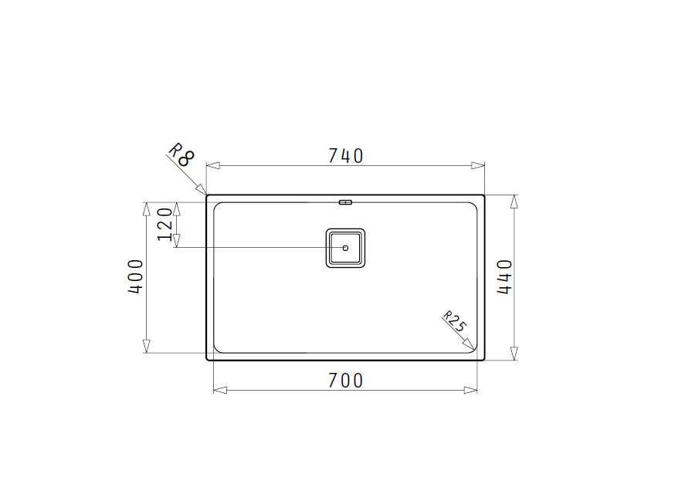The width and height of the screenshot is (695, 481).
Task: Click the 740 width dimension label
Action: pyautogui.click(x=346, y=156)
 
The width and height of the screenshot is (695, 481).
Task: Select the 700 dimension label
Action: pyautogui.click(x=346, y=381)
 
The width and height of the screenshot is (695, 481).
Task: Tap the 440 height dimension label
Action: pyautogui.click(x=504, y=276)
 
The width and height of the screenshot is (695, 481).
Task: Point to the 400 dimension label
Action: pyautogui.click(x=136, y=276)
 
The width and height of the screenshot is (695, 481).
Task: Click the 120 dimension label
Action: pyautogui.click(x=165, y=224)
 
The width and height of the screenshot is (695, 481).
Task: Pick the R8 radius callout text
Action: pyautogui.click(x=181, y=154)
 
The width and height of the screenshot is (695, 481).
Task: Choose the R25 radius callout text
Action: pyautogui.click(x=455, y=321)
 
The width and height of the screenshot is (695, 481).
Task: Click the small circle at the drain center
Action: pyautogui.click(x=345, y=248)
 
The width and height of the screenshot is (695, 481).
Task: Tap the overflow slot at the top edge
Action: pyautogui.click(x=345, y=202)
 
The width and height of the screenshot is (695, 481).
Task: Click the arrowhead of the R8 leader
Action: pyautogui.click(x=202, y=189)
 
